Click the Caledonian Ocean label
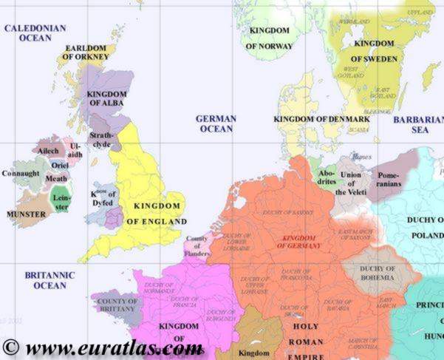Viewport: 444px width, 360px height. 35,33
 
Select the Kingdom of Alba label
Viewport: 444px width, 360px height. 107,98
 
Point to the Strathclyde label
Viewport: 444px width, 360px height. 102,140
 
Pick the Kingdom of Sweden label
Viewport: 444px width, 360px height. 373,51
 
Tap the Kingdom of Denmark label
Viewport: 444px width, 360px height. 321,119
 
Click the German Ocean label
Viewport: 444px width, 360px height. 216,123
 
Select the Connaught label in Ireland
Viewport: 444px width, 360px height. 21,174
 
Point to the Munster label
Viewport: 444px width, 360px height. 26,214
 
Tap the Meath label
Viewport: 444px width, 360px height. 56,178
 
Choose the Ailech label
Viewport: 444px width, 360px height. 48,150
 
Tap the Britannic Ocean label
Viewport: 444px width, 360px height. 49,280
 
